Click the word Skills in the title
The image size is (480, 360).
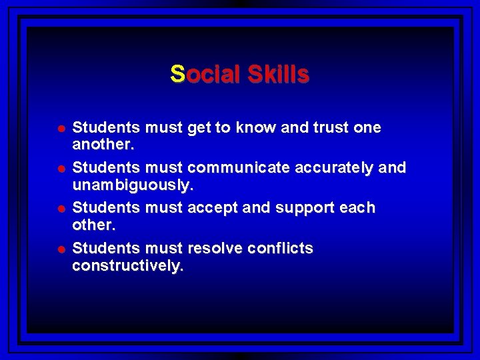point(279,73)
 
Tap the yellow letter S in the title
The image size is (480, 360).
point(177,73)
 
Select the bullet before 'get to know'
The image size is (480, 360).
point(61,128)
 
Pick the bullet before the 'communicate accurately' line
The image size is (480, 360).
point(61,169)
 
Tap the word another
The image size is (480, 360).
point(102,143)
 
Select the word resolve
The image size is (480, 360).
point(215,249)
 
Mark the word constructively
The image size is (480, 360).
point(127,265)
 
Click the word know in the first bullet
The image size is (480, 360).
point(257,127)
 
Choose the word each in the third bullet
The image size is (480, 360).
point(359,208)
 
